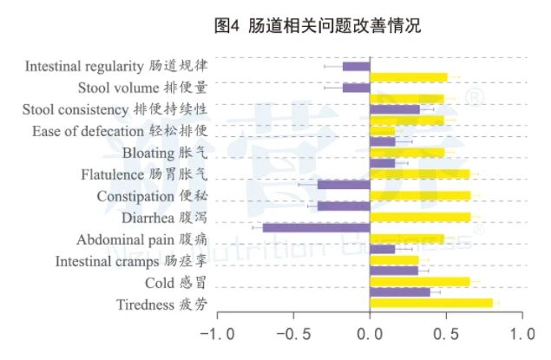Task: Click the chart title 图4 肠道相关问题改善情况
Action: coord(317,26)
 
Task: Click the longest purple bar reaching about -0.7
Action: coord(317,227)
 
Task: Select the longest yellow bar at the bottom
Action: coord(431,303)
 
